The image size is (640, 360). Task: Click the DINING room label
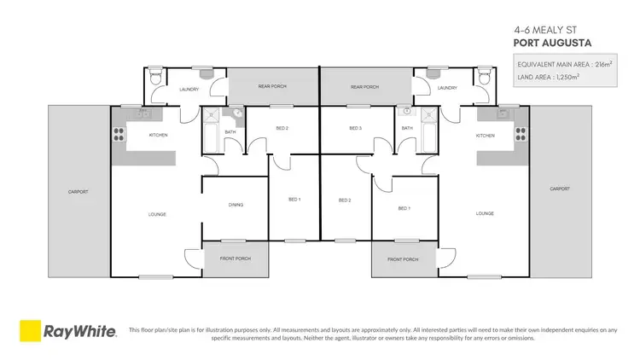236,204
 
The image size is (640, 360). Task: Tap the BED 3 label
356,128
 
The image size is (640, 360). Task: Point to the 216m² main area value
591,65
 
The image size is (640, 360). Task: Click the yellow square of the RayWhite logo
32,331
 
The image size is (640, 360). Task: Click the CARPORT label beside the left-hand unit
78,192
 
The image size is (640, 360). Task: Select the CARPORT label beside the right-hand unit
560,189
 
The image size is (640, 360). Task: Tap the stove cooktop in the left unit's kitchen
118,132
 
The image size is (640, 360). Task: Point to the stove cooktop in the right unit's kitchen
519,132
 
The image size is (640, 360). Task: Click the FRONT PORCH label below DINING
236,258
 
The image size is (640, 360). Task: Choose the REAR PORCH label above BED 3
364,87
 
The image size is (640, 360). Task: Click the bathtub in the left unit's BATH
211,136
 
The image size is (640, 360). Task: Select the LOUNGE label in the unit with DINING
156,213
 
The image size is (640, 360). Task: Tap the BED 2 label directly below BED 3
345,200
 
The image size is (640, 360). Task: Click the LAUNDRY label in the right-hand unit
446,88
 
